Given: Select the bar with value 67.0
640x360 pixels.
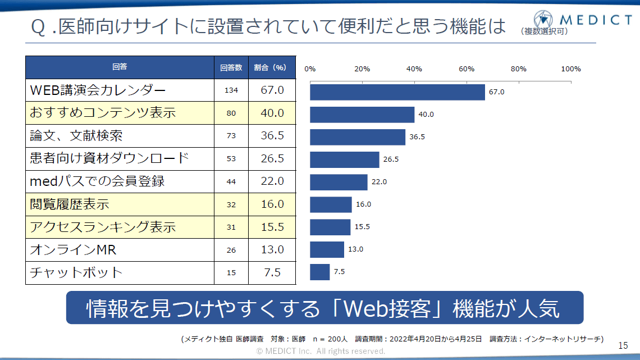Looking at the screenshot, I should coord(397,92).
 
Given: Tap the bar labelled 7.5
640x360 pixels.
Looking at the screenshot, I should coord(319,272).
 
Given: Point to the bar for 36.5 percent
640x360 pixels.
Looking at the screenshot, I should coord(357,137).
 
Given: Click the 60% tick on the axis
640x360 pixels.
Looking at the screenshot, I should coord(467,69).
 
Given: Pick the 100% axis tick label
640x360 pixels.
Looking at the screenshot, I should coord(571,69).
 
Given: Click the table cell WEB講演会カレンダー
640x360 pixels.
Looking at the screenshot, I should coord(98,90).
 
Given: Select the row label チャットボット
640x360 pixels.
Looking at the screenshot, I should coord(76,272).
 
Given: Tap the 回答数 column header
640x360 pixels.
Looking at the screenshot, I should coord(231,67).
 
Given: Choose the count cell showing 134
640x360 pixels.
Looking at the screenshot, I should coord(231,90).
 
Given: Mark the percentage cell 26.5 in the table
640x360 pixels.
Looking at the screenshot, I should coord(272,158).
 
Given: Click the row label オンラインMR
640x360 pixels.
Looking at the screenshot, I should coord(73,249).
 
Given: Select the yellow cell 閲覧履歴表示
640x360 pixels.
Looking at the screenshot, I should coord(70,204).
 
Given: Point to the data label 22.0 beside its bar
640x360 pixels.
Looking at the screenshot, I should coord(379,182).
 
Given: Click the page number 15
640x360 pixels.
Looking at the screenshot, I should coord(623,345).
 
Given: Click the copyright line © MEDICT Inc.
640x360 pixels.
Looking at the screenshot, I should coord(321,351).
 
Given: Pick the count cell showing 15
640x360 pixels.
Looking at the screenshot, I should coord(231,272).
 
